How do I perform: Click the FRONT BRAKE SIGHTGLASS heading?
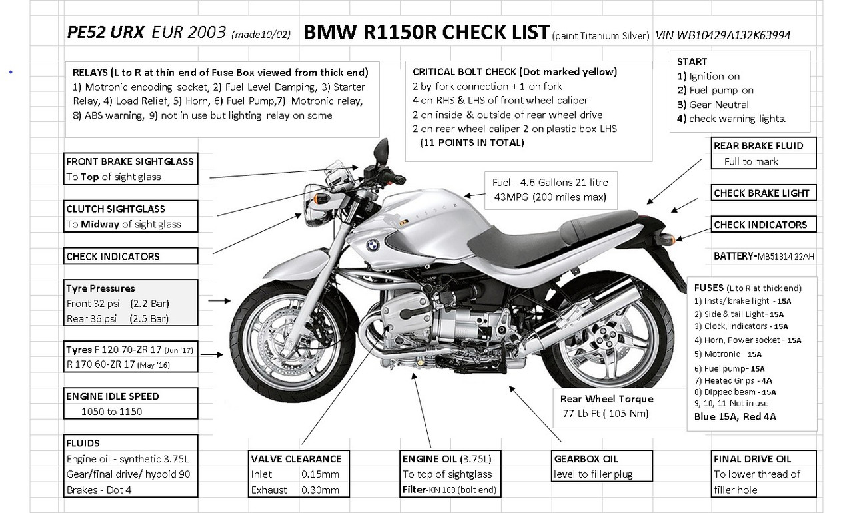[130, 161]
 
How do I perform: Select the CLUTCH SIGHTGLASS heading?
[115, 209]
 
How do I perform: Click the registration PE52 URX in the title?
[105, 33]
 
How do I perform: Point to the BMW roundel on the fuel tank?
[372, 245]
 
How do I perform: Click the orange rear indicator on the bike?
[673, 238]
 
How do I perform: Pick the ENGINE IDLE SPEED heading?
[113, 396]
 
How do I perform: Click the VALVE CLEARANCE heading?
[296, 459]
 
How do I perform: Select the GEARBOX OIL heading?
[586, 459]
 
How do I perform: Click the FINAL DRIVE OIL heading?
[752, 459]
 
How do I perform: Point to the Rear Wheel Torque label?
[606, 399]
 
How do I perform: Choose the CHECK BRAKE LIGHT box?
[762, 193]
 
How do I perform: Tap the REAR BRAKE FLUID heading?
[758, 146]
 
